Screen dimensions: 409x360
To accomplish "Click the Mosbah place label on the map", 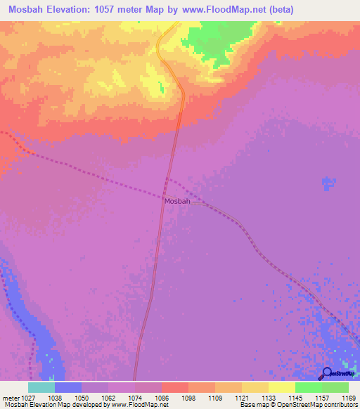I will pyautogui.click(x=177, y=202).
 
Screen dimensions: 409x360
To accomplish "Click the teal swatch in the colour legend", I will pyautogui.click(x=41, y=387).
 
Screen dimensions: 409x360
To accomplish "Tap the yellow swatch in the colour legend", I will pyautogui.click(x=255, y=387).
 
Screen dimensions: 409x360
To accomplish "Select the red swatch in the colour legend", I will pyautogui.click(x=174, y=387).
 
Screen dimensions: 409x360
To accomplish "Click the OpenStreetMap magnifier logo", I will pyautogui.click(x=327, y=374).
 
